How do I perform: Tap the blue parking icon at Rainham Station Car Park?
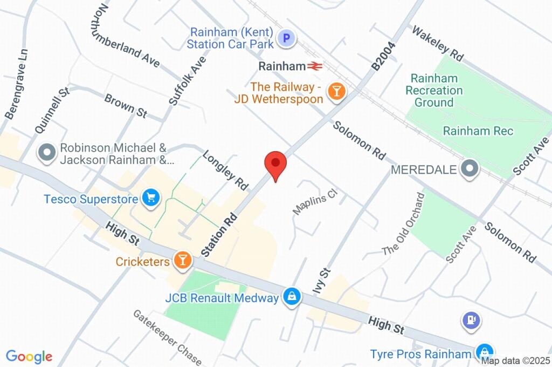click(x=286, y=38)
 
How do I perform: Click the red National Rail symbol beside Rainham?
click(x=315, y=66)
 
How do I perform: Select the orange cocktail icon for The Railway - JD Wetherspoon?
click(x=337, y=92)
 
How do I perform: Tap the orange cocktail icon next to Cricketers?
click(x=183, y=261)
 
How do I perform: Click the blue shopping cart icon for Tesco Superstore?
click(x=151, y=198)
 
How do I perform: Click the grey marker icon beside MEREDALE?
click(x=470, y=168)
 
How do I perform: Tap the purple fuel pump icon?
click(x=471, y=321)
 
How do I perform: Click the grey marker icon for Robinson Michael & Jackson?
click(x=47, y=153)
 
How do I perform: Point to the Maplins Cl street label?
click(x=314, y=201)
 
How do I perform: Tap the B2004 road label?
click(x=384, y=56)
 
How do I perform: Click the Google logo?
click(x=29, y=356)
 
